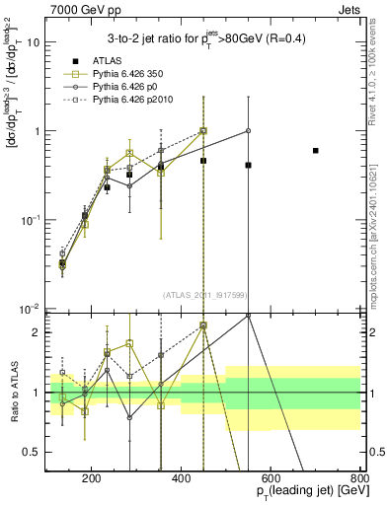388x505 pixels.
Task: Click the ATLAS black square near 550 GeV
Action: click(x=249, y=165)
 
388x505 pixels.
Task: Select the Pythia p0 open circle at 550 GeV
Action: click(x=249, y=130)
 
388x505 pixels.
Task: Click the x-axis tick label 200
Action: click(x=91, y=479)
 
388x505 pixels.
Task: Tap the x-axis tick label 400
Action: click(x=181, y=479)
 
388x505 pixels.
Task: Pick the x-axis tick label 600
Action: click(x=271, y=479)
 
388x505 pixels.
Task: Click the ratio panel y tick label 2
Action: click(x=38, y=332)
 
